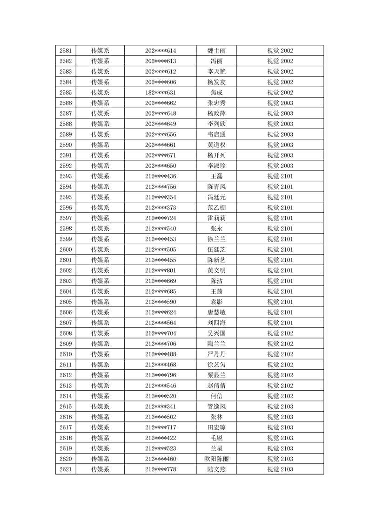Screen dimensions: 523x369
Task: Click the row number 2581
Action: click(x=66, y=51)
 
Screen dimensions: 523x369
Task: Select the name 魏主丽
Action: click(x=216, y=51)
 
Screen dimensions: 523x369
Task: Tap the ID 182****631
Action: click(x=161, y=93)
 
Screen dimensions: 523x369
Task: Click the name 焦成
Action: click(x=216, y=93)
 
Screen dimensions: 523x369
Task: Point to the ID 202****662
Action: click(x=161, y=103)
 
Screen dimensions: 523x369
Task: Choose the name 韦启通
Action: click(x=216, y=135)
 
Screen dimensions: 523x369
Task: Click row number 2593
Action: click(x=66, y=177)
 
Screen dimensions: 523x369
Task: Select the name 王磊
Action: click(x=216, y=177)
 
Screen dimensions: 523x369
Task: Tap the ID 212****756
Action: click(x=161, y=187)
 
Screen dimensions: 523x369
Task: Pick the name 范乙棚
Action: click(x=216, y=208)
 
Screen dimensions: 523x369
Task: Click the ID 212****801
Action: click(x=161, y=271)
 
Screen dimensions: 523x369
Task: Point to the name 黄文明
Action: click(x=216, y=271)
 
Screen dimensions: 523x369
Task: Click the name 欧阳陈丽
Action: click(x=216, y=459)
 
